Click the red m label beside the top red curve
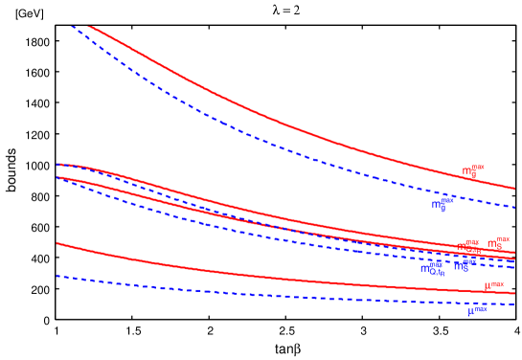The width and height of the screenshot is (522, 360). (473, 171)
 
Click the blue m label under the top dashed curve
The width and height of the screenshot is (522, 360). (442, 204)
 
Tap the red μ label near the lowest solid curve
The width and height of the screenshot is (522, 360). (493, 284)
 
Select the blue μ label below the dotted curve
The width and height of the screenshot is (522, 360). (477, 310)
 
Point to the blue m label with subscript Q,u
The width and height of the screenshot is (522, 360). (433, 268)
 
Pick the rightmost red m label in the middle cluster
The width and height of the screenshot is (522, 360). (498, 243)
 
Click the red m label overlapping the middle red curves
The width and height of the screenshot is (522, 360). (468, 247)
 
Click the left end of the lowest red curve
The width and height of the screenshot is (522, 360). (57, 243)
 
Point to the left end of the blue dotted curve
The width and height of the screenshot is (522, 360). (57, 276)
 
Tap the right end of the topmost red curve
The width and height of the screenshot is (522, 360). (514, 188)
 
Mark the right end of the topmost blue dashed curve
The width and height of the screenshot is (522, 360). (514, 207)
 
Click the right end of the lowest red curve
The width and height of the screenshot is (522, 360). (514, 293)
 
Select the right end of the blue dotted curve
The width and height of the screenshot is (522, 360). (514, 304)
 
